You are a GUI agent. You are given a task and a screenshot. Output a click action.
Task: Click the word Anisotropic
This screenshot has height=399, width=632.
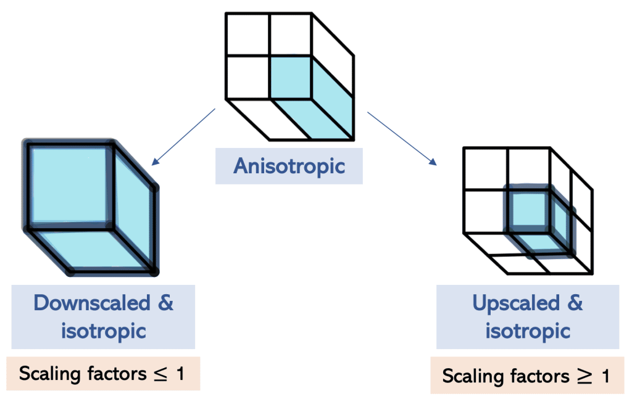click(x=289, y=167)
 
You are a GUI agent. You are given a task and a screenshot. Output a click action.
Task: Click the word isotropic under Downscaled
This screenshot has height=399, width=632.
click(x=103, y=331)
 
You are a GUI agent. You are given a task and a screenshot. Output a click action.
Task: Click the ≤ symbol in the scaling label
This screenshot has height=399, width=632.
click(x=159, y=374)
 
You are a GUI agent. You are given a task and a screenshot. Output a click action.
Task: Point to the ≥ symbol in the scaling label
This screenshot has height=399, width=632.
click(x=583, y=377)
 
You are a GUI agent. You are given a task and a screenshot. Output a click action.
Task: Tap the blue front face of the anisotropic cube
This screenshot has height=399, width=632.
click(x=289, y=76)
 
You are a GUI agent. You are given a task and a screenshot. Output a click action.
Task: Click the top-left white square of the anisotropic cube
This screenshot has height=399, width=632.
click(x=247, y=34)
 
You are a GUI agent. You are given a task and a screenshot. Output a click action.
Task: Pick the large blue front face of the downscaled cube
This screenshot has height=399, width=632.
click(x=69, y=185)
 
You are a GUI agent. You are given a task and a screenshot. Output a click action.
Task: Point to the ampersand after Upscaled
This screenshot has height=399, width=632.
click(x=575, y=303)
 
